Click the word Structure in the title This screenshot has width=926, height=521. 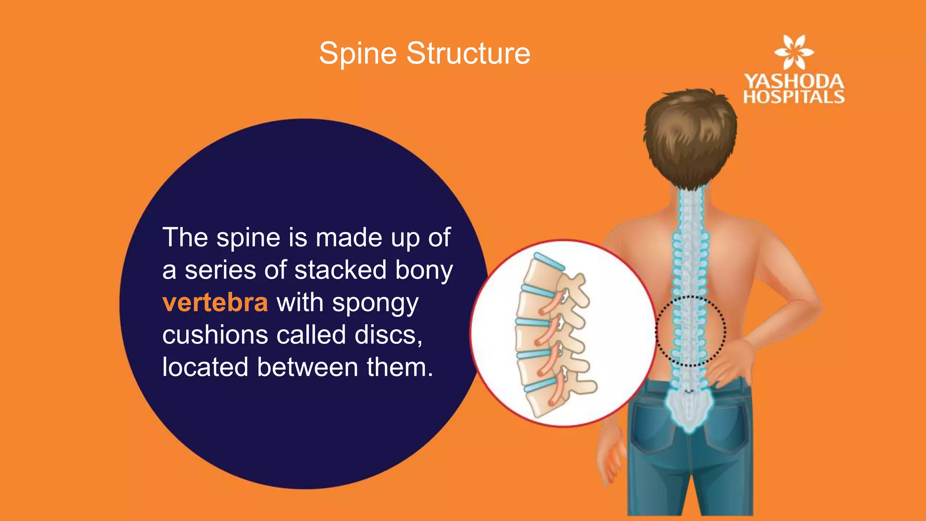tap(468, 53)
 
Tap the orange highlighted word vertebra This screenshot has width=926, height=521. tap(215, 303)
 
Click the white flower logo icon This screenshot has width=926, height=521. tap(794, 52)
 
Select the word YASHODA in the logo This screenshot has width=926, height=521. tap(794, 81)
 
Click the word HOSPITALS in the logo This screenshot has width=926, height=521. tap(794, 97)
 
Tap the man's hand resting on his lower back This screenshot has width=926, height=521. tap(732, 362)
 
